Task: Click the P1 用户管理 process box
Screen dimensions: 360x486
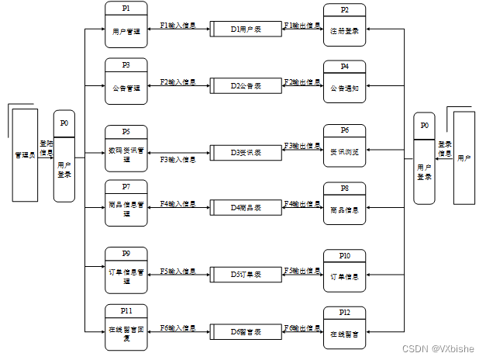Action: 126,25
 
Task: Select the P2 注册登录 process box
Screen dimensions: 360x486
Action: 344,25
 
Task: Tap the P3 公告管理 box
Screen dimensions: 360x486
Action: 126,81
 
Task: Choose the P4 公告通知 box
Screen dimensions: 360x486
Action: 344,83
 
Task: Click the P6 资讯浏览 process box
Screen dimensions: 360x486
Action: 345,147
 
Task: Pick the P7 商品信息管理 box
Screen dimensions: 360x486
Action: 126,202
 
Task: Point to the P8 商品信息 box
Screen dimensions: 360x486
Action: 344,203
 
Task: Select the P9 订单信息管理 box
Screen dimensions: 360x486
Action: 126,270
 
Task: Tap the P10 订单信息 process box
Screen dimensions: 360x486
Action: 344,271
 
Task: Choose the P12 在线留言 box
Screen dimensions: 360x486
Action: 344,328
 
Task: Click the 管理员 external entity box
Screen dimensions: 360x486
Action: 25,155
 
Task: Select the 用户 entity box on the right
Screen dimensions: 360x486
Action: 464,157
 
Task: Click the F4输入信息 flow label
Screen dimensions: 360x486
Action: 178,204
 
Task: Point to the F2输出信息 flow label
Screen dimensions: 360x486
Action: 302,81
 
